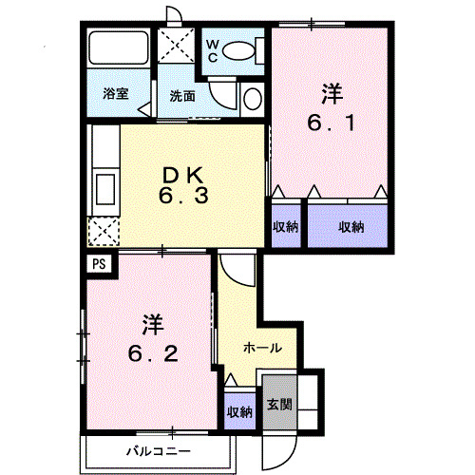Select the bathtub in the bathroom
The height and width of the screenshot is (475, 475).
pos(117,51)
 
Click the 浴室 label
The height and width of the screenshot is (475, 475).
pos(116,94)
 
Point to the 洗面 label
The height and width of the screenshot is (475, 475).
pos(182,95)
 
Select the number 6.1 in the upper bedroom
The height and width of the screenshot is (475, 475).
pos(331,123)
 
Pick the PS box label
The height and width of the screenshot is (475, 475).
pos(99,265)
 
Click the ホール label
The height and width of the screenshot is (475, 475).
pos(260,349)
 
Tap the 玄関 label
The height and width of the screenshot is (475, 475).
pos(278,403)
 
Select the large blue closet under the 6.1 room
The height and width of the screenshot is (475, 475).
pos(349,225)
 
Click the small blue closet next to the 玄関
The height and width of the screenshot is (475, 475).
pos(238,410)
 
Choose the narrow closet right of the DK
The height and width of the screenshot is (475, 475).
pos(285,225)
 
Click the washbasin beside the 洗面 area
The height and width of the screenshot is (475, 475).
pos(252,98)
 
